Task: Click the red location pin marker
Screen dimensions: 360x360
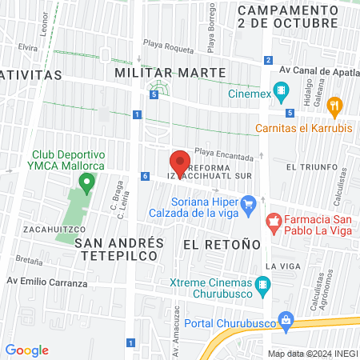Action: [180, 162]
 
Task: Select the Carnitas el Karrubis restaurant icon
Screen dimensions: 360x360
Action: [335, 104]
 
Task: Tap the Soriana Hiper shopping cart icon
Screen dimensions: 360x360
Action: [248, 203]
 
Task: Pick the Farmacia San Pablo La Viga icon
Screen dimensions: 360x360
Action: [274, 220]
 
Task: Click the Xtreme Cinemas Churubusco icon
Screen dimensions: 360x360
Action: [262, 284]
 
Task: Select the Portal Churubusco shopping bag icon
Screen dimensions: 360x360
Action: [286, 323]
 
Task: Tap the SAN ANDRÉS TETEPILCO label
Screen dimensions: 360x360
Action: [119, 248]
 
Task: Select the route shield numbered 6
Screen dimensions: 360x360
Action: [145, 176]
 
